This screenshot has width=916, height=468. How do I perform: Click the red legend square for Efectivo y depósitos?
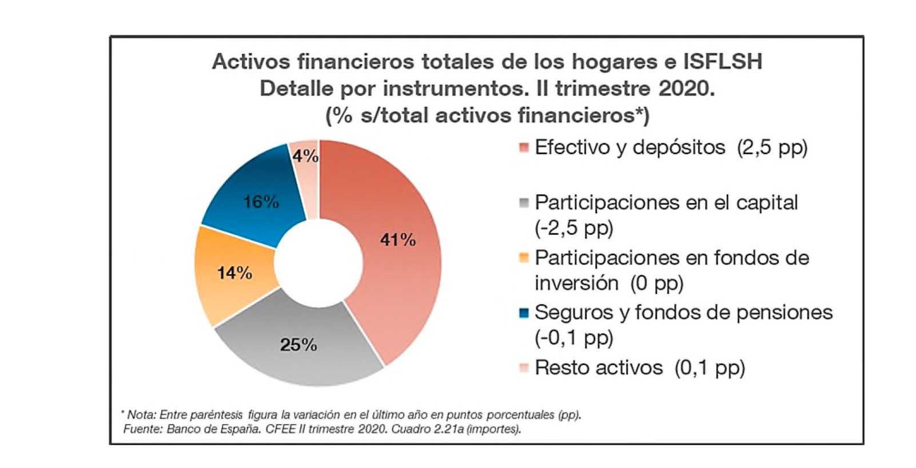[524, 148]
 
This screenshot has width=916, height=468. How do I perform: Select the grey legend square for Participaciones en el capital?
[524, 203]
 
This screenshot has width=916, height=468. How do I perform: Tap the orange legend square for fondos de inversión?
[524, 258]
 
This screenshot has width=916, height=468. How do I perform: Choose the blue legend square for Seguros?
[524, 313]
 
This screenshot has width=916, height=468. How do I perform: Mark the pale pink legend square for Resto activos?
[524, 367]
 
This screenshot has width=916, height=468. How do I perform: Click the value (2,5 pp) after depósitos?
[772, 148]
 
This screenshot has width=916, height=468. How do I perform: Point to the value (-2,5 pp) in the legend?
[574, 228]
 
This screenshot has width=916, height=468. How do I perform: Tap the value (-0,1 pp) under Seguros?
[574, 338]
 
